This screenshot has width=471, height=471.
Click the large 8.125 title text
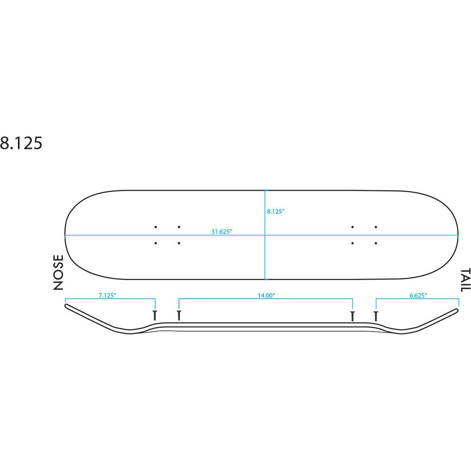click(x=21, y=143)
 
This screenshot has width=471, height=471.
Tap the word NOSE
click(x=59, y=272)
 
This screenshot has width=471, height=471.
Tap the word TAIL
click(x=466, y=280)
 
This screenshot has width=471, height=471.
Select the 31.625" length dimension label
click(x=222, y=232)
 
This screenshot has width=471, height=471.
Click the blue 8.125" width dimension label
click(x=276, y=211)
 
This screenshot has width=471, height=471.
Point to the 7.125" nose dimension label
click(x=107, y=296)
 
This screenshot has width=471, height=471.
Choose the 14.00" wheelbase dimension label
click(x=267, y=296)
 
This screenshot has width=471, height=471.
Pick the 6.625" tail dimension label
click(x=418, y=296)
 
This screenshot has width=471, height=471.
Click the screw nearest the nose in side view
click(x=155, y=315)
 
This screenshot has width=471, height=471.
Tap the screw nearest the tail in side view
click(x=376, y=316)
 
